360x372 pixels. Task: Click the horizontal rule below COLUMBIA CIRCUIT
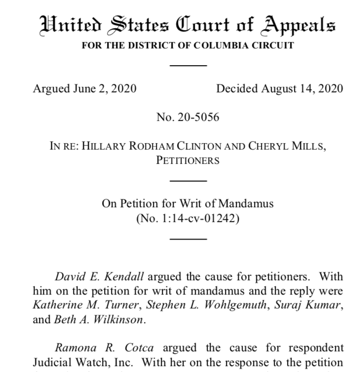point(188,65)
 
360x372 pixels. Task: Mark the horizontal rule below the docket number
point(188,239)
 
